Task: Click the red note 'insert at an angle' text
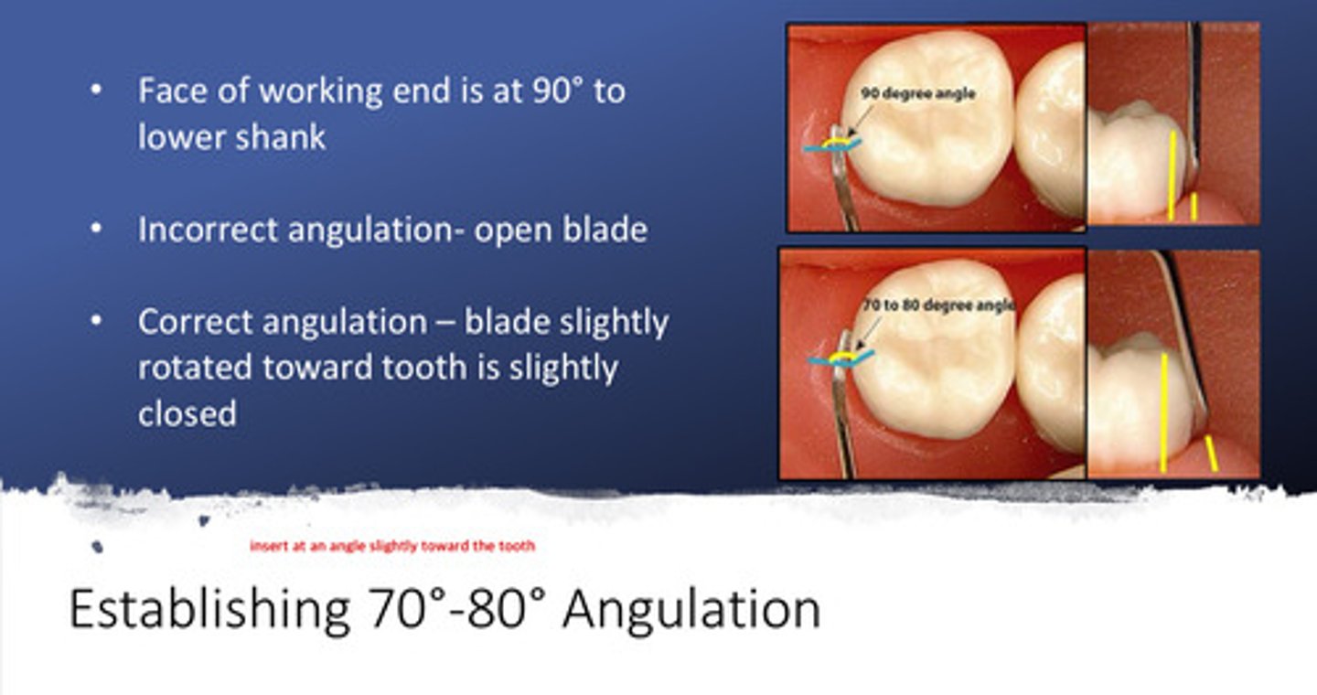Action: pyautogui.click(x=392, y=546)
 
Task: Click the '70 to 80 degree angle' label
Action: pyautogui.click(x=938, y=305)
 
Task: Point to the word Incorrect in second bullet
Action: pyautogui.click(x=208, y=230)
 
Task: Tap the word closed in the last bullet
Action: pyautogui.click(x=187, y=413)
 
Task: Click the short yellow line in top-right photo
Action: pyautogui.click(x=1194, y=206)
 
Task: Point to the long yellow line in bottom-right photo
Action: pyautogui.click(x=1163, y=412)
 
